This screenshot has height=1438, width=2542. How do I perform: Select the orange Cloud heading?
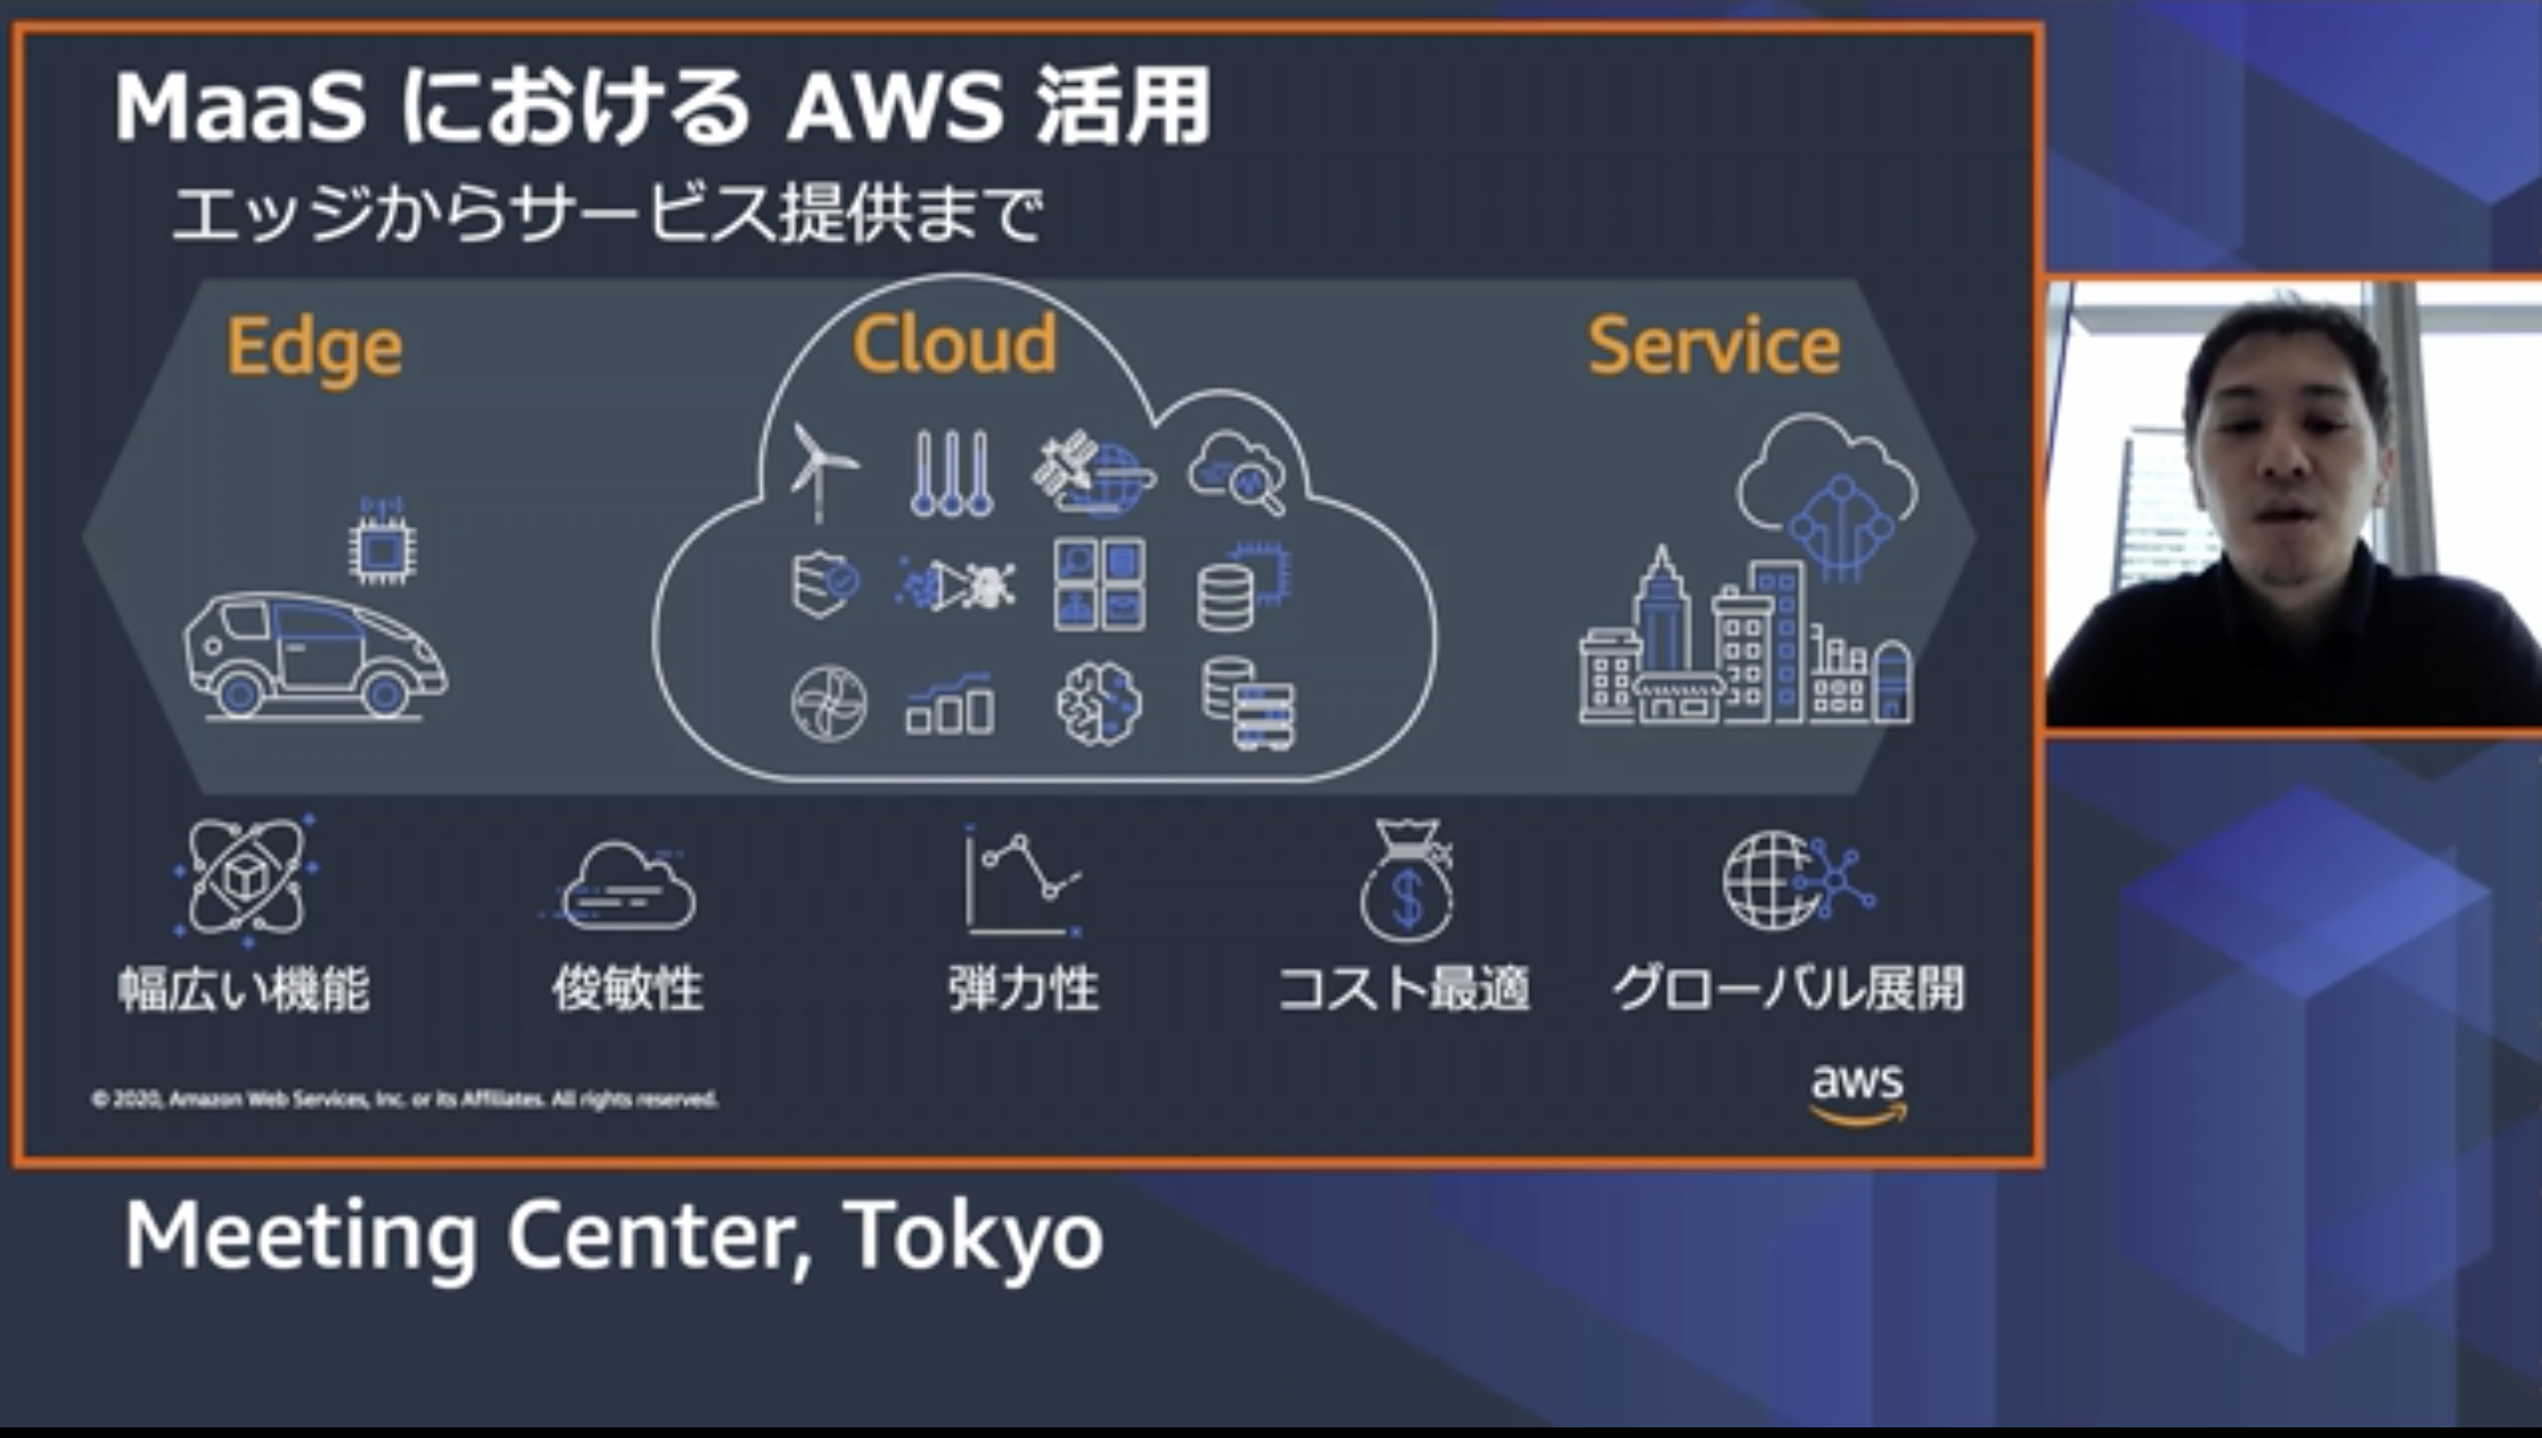955,344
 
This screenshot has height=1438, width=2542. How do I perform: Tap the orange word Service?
1713,345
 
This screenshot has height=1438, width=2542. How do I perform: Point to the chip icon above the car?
381,542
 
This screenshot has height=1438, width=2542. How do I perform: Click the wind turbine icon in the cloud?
822,472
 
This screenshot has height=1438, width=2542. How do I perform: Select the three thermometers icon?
950,473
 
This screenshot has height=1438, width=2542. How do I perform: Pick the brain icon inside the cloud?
1099,702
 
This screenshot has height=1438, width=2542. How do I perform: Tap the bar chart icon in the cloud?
949,704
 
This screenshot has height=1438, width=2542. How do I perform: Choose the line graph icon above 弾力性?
1023,881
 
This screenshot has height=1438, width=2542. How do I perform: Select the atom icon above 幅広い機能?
246,877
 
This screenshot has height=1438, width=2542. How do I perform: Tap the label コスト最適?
1404,988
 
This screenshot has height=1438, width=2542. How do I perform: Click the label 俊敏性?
628,988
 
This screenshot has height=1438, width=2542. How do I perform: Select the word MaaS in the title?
240,107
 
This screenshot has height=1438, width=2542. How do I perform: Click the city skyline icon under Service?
1745,642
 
